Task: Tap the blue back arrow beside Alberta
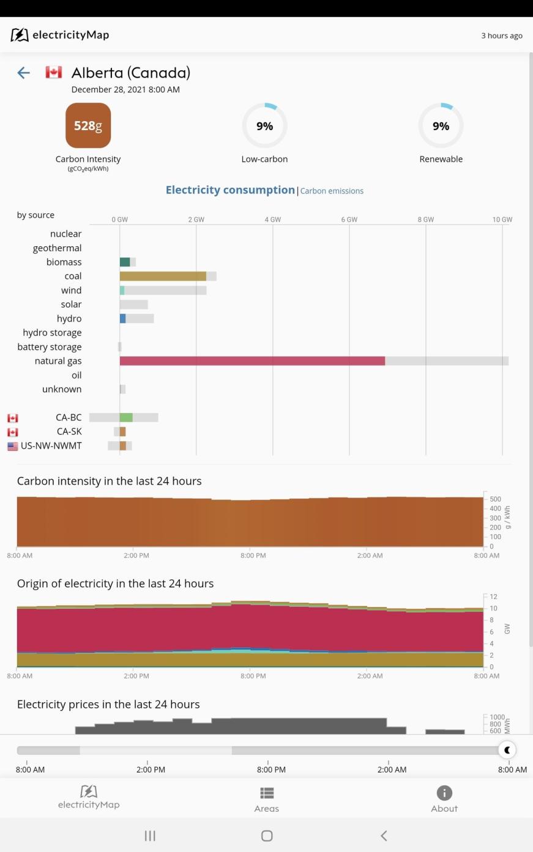pos(23,73)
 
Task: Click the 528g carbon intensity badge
pos(88,125)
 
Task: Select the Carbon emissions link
pos(332,191)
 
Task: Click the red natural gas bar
pos(252,361)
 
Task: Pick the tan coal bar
pos(163,276)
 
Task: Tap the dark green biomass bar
pos(125,262)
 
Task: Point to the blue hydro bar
pos(123,318)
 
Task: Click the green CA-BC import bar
pos(126,417)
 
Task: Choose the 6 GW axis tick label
pos(349,219)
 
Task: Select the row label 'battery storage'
pos(50,347)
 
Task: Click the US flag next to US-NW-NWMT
pos(13,446)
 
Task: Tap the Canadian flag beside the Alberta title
pos(54,73)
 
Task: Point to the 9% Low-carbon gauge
pos(264,126)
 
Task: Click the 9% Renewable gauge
pos(441,126)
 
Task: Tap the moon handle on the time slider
pos(507,750)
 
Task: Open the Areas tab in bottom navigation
pos(266,799)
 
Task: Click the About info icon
pos(444,793)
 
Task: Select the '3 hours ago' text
pos(502,35)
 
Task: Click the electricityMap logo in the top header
pos(60,35)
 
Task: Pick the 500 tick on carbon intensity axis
pos(495,499)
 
